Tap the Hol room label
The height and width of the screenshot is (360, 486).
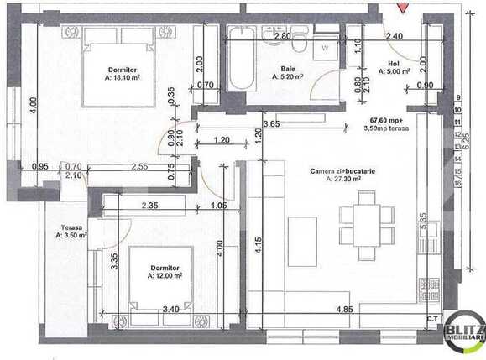point(394,64)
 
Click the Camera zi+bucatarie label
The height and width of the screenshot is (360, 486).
point(337,170)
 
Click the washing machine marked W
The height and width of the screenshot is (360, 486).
point(325,49)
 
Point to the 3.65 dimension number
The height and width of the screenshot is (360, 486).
point(270,124)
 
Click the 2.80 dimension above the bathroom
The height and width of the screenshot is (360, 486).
point(282,36)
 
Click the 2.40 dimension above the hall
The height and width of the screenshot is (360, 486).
point(393,36)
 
